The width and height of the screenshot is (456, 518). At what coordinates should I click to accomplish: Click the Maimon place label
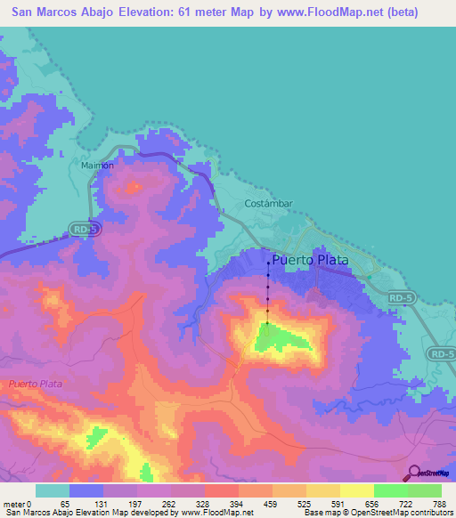[97, 166]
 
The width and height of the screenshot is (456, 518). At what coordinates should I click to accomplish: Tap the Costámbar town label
[268, 203]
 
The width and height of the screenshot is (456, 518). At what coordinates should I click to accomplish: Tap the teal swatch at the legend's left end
[53, 491]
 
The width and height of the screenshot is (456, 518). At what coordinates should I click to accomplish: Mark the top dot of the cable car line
[268, 263]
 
